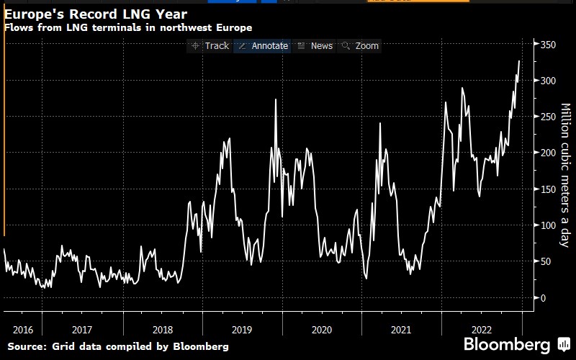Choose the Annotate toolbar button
[264, 45]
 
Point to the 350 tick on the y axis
[549, 45]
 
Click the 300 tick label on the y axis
[549, 81]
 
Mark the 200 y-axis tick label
[549, 153]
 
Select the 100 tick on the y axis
[549, 225]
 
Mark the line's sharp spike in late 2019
[276, 99]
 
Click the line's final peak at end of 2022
[519, 61]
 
